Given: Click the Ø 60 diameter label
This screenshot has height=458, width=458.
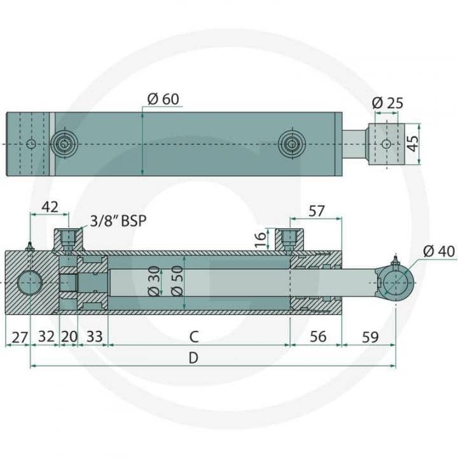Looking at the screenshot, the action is (x=163, y=99).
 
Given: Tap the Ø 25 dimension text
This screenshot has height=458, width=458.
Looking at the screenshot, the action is (x=387, y=103).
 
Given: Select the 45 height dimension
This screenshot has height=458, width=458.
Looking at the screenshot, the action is (x=412, y=144).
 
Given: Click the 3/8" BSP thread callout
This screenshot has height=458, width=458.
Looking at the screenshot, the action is (x=118, y=221).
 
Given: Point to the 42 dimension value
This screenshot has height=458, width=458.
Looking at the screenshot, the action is (x=50, y=207).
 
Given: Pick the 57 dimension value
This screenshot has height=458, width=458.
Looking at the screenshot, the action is (x=317, y=211).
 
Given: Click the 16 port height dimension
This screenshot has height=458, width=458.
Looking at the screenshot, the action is (x=261, y=239).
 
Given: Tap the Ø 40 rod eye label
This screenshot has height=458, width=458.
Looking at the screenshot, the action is (x=439, y=251).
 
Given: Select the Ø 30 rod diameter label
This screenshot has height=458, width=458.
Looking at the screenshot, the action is (x=155, y=281).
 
